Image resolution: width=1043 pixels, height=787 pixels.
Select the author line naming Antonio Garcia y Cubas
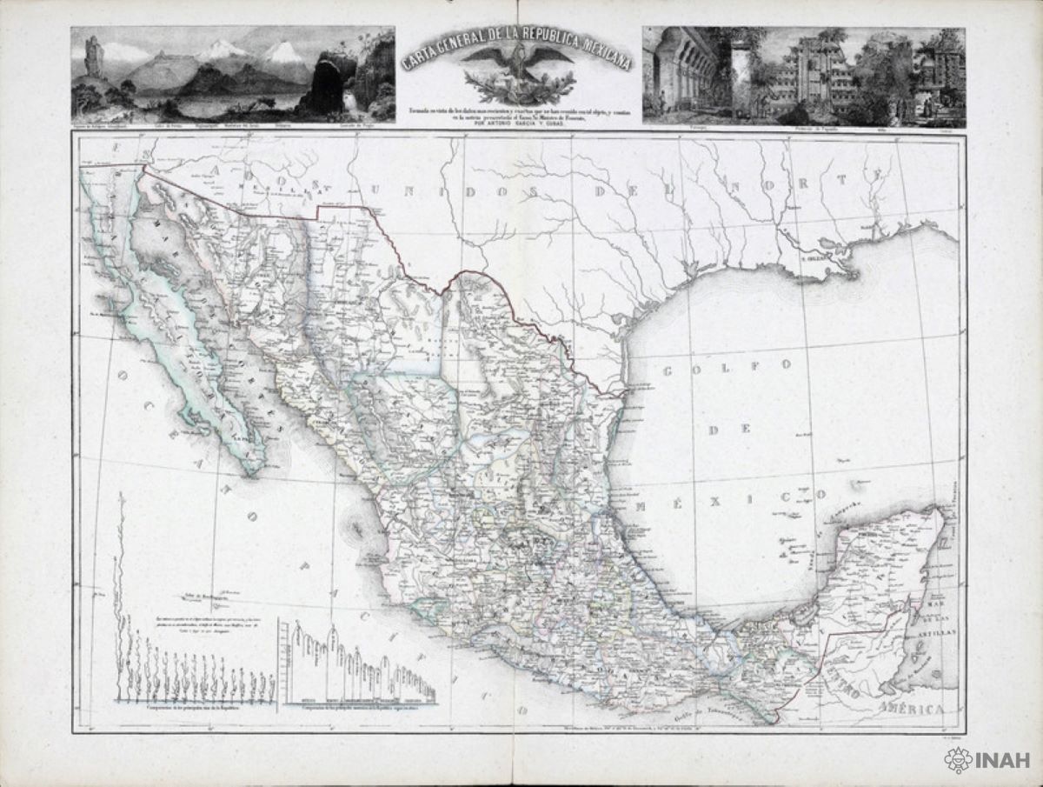[x=519, y=125]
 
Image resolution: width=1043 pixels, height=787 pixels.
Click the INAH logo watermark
[x=987, y=761]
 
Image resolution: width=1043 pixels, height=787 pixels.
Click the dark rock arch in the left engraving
[x=330, y=87]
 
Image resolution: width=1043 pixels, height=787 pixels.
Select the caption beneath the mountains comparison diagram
[x=357, y=710]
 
